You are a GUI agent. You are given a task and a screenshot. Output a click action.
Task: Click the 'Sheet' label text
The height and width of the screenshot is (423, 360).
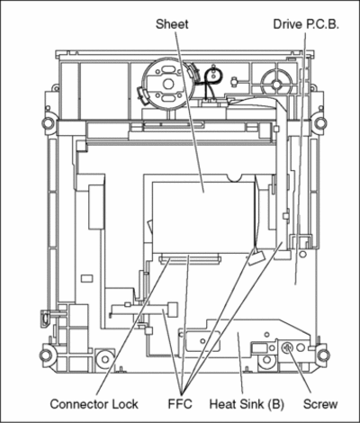pos(172,24)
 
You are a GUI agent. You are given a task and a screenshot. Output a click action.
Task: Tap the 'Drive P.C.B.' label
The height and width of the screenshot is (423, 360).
pos(306,24)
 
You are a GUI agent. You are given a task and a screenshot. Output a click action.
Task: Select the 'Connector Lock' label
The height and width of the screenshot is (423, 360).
pos(94,404)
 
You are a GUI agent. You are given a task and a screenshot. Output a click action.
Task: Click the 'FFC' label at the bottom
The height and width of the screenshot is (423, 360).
pos(180,404)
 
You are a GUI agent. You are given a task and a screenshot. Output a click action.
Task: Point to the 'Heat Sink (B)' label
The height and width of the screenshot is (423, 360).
pos(247,404)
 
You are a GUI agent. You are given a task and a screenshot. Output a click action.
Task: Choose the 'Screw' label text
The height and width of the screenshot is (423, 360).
pos(320,404)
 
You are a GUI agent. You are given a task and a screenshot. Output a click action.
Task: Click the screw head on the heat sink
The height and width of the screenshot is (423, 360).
pos(286,347)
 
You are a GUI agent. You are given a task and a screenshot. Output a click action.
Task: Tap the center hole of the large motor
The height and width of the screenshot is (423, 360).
pos(168,84)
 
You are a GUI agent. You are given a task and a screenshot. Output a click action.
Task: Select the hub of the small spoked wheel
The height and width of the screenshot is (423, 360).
pos(276,85)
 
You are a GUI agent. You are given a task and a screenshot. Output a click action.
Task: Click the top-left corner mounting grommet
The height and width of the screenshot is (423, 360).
pos(48,122)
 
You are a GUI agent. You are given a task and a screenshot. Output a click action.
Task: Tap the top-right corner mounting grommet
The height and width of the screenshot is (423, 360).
pos(319,122)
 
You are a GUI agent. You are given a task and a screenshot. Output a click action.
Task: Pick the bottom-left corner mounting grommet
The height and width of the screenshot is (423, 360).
pos(46,355)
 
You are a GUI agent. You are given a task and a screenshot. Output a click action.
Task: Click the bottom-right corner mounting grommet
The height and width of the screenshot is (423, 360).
pos(323,355)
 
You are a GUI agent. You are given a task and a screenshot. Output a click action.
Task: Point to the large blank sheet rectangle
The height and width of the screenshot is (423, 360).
pos(203,217)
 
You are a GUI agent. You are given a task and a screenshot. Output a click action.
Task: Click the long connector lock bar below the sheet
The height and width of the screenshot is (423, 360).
pos(190,258)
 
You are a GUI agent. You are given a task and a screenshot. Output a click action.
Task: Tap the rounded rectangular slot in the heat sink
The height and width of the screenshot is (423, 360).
pos(202,341)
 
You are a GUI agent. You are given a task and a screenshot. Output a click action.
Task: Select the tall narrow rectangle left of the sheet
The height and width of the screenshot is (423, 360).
pos(96,207)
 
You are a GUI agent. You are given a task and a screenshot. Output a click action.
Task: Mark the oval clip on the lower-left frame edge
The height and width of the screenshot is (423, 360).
pos(44,319)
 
